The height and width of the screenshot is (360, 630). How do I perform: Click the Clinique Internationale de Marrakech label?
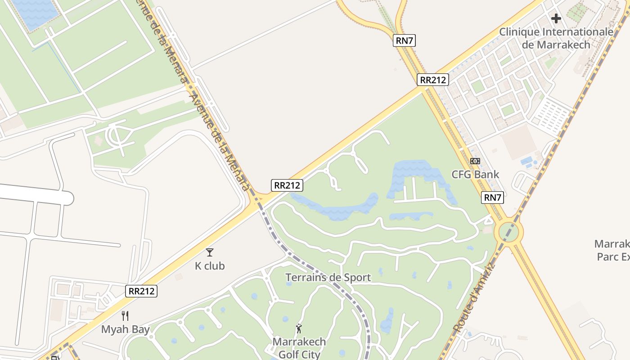(x=556, y=38)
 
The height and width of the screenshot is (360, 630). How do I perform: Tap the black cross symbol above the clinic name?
(x=556, y=18)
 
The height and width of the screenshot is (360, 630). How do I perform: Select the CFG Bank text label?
(x=475, y=175)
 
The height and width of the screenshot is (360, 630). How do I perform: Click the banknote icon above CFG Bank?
(x=475, y=161)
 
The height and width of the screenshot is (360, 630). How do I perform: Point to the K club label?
(x=210, y=266)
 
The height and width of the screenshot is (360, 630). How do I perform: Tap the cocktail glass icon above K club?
(x=209, y=252)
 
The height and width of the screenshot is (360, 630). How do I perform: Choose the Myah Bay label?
(x=125, y=329)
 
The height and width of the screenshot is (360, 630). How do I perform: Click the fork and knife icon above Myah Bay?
(x=125, y=316)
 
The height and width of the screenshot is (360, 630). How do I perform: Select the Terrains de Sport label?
(x=328, y=278)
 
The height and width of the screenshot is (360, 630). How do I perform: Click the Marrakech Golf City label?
(x=299, y=348)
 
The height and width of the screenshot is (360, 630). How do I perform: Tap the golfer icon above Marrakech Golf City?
(x=299, y=328)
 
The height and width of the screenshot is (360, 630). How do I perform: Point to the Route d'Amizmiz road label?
(x=475, y=297)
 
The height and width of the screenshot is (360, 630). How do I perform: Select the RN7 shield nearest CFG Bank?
(x=492, y=197)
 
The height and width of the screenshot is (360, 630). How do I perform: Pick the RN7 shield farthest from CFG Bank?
(x=404, y=40)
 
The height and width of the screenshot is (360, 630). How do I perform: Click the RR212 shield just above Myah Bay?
(x=141, y=291)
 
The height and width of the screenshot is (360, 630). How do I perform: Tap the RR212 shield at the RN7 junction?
(x=433, y=80)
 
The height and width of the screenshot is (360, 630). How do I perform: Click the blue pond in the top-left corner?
(x=34, y=13)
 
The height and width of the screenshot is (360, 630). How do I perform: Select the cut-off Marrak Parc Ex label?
(x=613, y=250)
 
